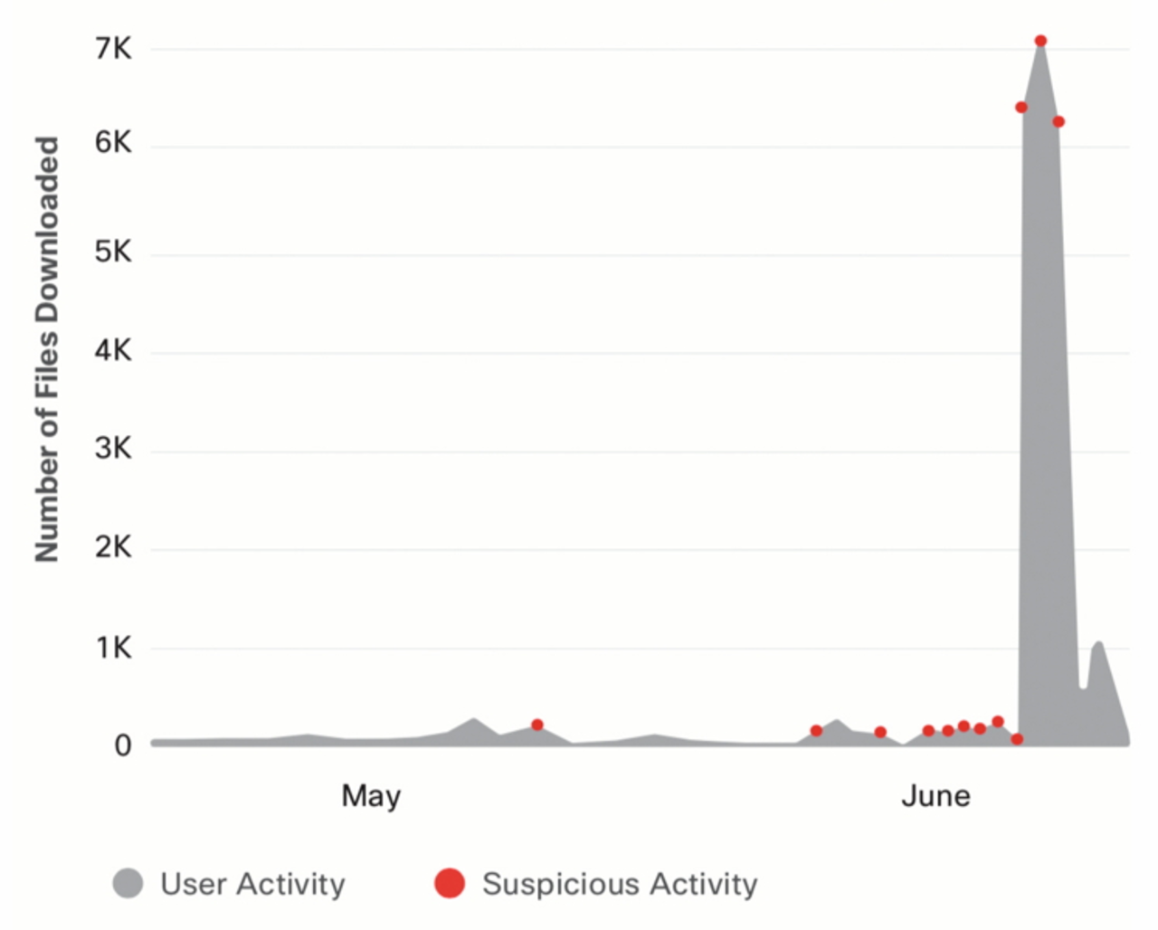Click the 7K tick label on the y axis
pos(113,48)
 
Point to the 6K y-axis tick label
pos(113,142)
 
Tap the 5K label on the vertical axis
pos(113,251)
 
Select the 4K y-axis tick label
pos(113,350)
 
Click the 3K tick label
pos(113,449)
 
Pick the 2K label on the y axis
pos(113,547)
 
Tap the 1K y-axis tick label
pos(113,648)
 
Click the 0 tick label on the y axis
pos(122,745)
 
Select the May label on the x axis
pos(371,796)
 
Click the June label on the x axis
pos(935,796)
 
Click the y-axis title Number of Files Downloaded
pos(47,348)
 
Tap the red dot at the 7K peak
pos(1040,41)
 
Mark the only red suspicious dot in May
pos(537,725)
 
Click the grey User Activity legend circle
pos(128,883)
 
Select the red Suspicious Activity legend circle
pos(450,883)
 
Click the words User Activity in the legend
pos(252,884)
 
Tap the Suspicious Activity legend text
pos(620,884)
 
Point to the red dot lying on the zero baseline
pos(1017,739)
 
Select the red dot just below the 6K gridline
pos(1058,121)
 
